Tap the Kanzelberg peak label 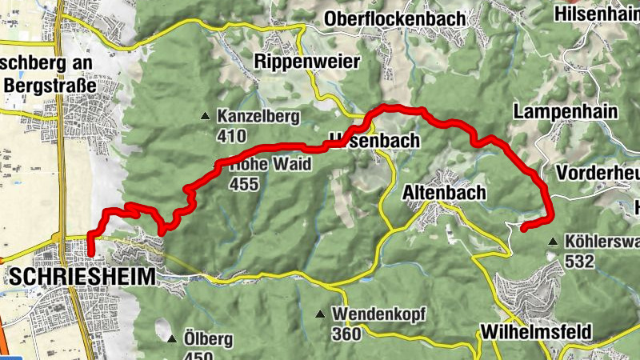pos(258,117)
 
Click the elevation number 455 pos(244,185)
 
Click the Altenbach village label pos(444,192)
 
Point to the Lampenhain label pos(566,111)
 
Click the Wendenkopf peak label pos(381,313)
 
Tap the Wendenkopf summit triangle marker pos(321,313)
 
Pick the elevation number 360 pos(346,333)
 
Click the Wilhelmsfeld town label pos(535,331)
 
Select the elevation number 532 pos(579,261)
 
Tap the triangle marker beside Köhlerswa pos(553,242)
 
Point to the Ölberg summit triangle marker pos(171,339)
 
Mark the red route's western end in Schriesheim pos(90,254)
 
